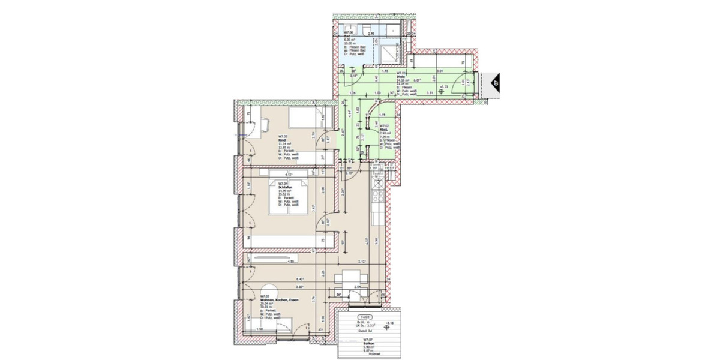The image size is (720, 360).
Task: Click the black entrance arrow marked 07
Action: (496, 85)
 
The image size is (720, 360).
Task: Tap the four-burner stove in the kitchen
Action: (377, 195)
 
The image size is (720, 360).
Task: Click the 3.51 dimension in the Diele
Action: (430, 94)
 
